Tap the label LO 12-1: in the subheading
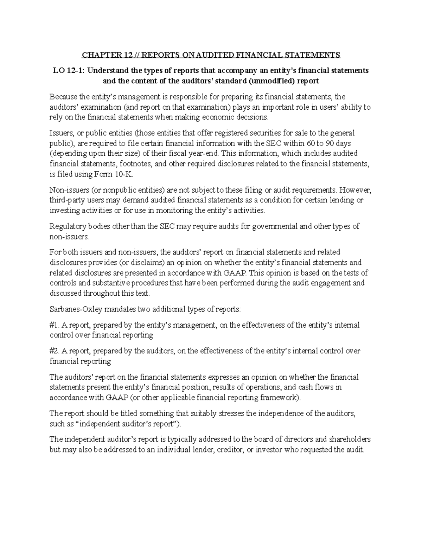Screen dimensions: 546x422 [x=69, y=70]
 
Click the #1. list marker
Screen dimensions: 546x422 [x=55, y=325]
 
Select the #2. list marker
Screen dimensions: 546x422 [x=55, y=351]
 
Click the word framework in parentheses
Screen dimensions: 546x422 [x=279, y=398]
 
